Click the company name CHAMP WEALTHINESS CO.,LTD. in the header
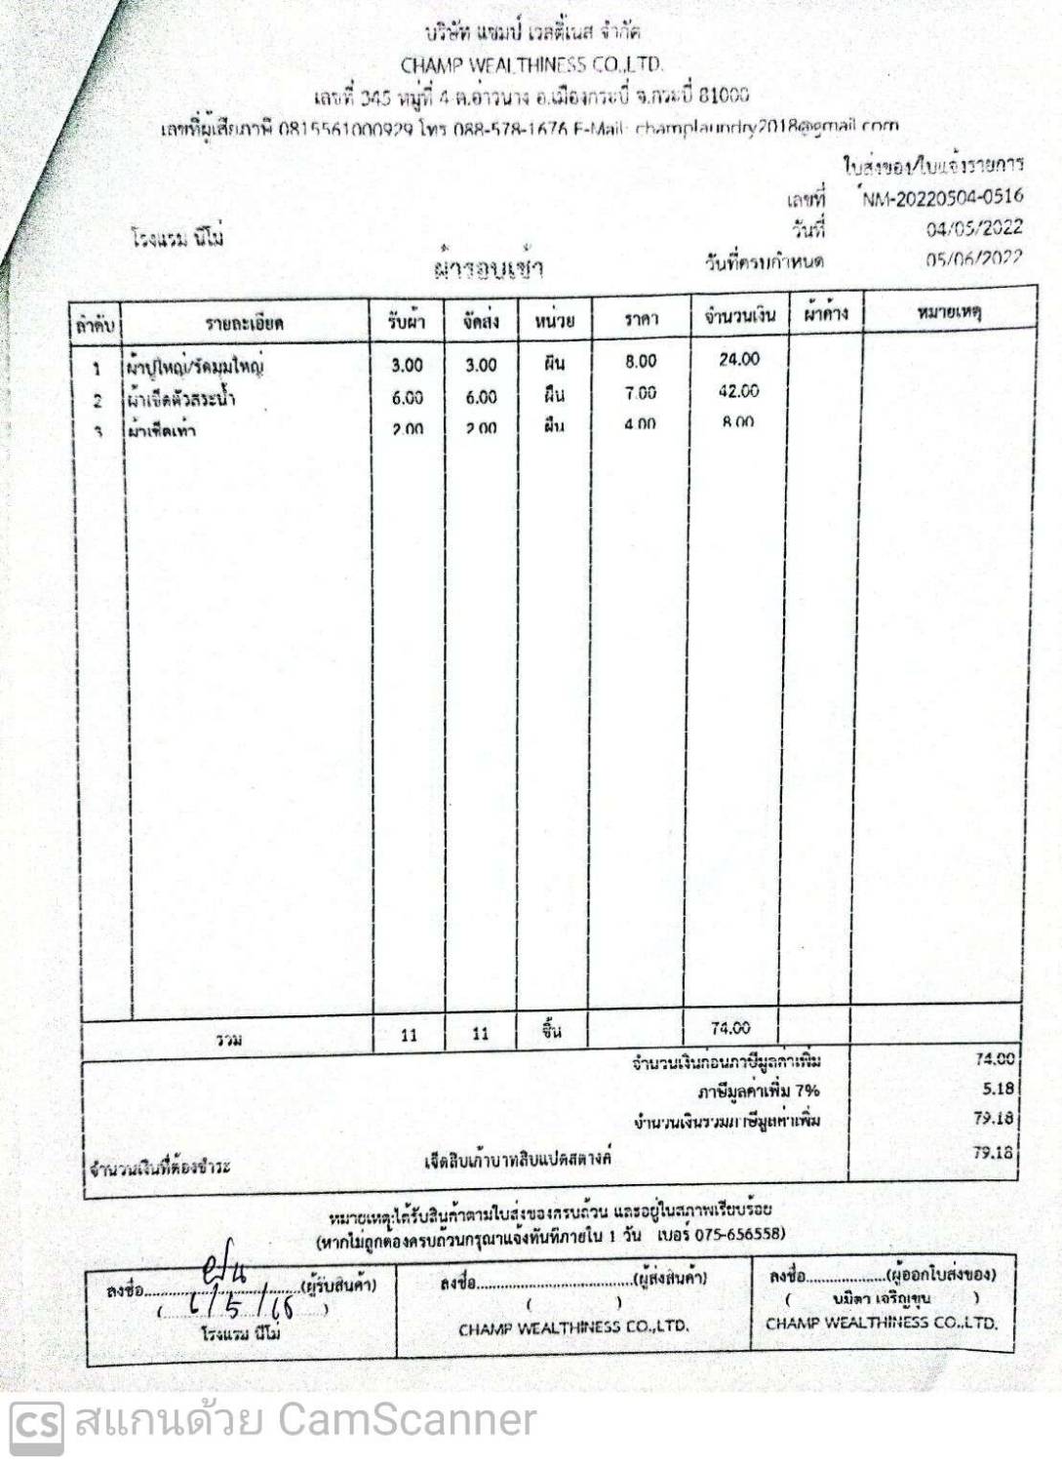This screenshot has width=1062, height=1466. pos(532,65)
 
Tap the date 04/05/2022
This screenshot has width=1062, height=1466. pos(974,228)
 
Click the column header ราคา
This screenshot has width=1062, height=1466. pos(641,319)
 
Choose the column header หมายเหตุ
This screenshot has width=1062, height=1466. pos(949,312)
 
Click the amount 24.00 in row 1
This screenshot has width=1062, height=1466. pos(739,359)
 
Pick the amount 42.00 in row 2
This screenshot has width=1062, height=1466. pos(738,391)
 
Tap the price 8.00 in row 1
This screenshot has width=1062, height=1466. pos(641,362)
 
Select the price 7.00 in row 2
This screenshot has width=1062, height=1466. pos(641,393)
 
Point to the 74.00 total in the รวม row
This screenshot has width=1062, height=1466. pos(730,1028)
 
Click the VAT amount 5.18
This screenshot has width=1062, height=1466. pos(998,1089)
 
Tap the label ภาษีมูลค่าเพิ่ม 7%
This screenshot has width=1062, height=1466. pos(758,1090)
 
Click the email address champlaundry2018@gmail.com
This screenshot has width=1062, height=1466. pos(767,126)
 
